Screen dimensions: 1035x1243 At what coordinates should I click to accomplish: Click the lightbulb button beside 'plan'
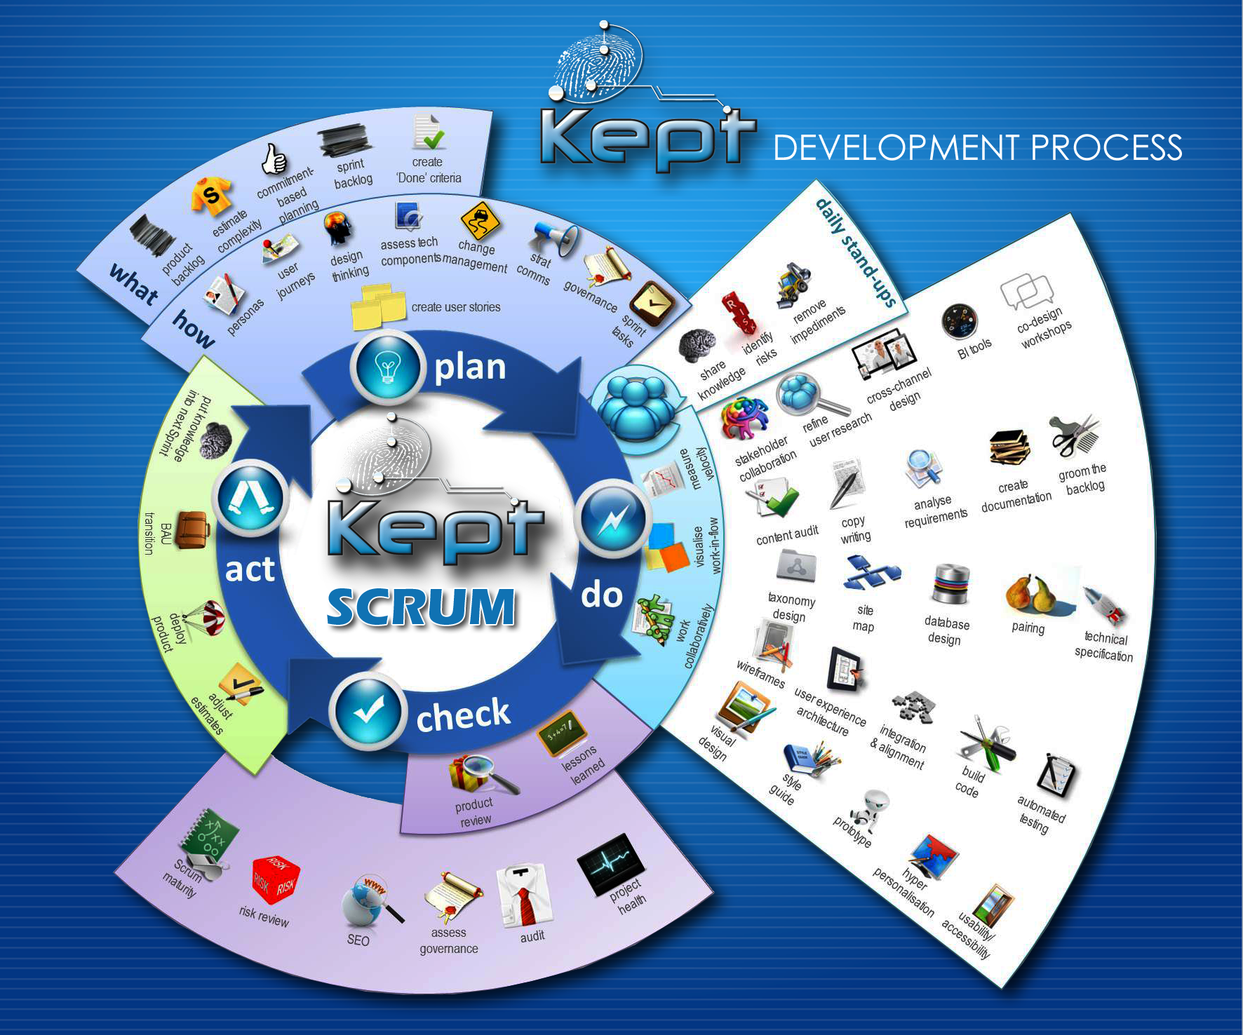[387, 366]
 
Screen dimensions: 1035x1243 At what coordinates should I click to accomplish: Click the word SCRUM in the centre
[421, 607]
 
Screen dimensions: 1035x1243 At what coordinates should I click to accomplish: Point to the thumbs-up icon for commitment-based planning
[274, 159]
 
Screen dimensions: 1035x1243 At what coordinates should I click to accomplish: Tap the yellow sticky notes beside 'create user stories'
[378, 306]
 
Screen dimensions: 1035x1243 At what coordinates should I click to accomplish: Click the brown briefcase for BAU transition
[192, 530]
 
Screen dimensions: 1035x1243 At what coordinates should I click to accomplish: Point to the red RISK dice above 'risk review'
[275, 880]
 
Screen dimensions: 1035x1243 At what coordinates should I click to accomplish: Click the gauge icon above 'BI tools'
[959, 322]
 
